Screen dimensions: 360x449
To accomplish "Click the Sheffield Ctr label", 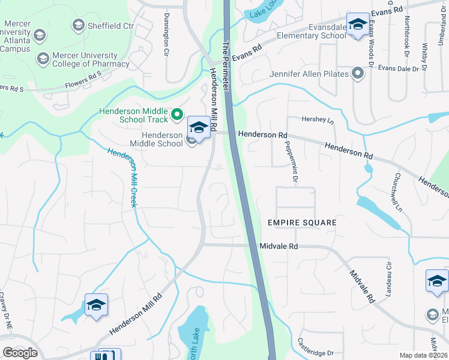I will pyautogui.click(x=112, y=25).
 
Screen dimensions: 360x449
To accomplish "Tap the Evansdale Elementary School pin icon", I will pyautogui.click(x=358, y=25).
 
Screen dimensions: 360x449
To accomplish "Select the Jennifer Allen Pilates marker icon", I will pyautogui.click(x=358, y=74).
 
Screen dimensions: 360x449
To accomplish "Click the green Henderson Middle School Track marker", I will pyautogui.click(x=176, y=113).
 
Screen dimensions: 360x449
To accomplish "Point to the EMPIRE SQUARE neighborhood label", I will pyautogui.click(x=302, y=223).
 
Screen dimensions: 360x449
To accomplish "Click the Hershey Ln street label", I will pyautogui.click(x=318, y=120).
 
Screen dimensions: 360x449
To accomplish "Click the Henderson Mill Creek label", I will pyautogui.click(x=123, y=178).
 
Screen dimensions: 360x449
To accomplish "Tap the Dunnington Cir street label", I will pyautogui.click(x=166, y=34).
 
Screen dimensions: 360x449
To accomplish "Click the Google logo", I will pyautogui.click(x=20, y=352).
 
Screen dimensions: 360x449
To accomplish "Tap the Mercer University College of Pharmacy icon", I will pyautogui.click(x=43, y=59).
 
